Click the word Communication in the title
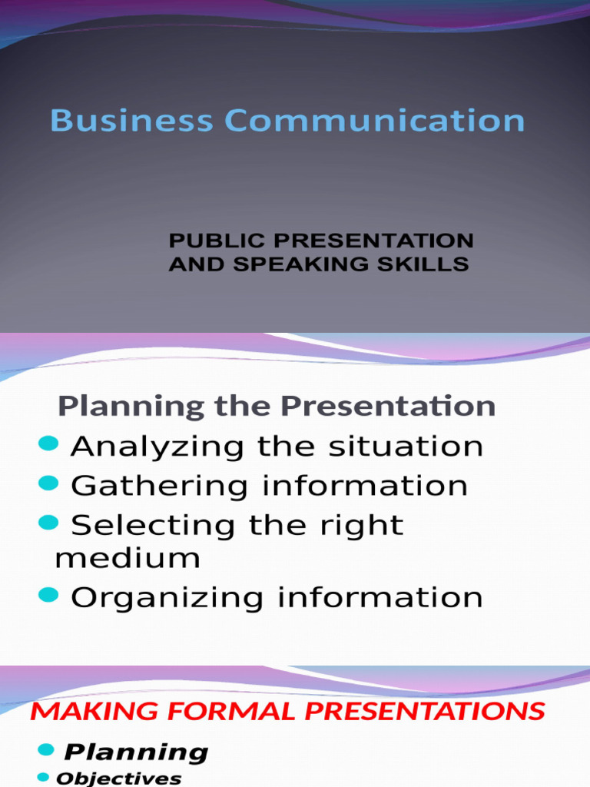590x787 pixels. [x=375, y=121]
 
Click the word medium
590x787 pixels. [x=128, y=557]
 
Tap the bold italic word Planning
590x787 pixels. [x=136, y=752]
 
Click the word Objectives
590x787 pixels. [x=119, y=779]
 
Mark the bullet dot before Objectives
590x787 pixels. [x=43, y=777]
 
